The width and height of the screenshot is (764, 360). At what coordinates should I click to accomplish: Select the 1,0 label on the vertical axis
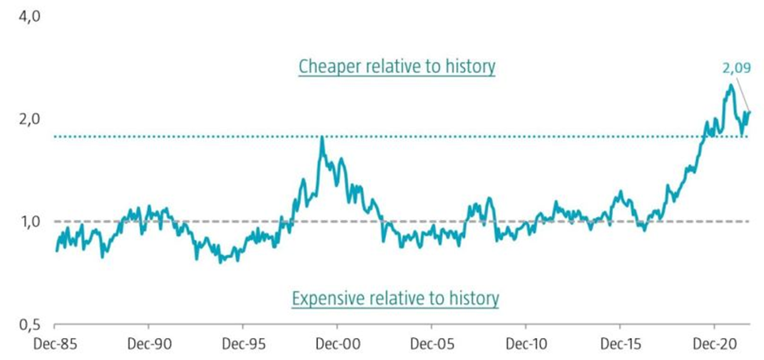tap(17, 222)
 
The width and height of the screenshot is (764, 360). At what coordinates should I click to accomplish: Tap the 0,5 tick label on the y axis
tap(17, 324)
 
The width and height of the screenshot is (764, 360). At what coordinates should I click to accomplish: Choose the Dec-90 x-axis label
tap(151, 344)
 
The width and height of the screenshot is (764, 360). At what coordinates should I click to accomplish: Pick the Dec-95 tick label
tap(245, 344)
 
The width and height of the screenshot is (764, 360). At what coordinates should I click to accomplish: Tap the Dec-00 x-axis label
tap(339, 344)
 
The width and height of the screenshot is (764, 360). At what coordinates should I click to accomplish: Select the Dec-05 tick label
tap(433, 344)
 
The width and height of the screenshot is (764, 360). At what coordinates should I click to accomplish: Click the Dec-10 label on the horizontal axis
tap(527, 344)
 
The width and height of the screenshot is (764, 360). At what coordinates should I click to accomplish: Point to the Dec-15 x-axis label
tap(621, 344)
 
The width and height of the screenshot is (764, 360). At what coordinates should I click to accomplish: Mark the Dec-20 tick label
tap(715, 344)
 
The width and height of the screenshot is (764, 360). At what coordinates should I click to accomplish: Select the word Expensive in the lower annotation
tap(328, 299)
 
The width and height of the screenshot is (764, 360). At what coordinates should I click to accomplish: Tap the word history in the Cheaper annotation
tap(467, 67)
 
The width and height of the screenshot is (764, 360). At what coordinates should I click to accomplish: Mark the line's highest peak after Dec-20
tap(731, 85)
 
